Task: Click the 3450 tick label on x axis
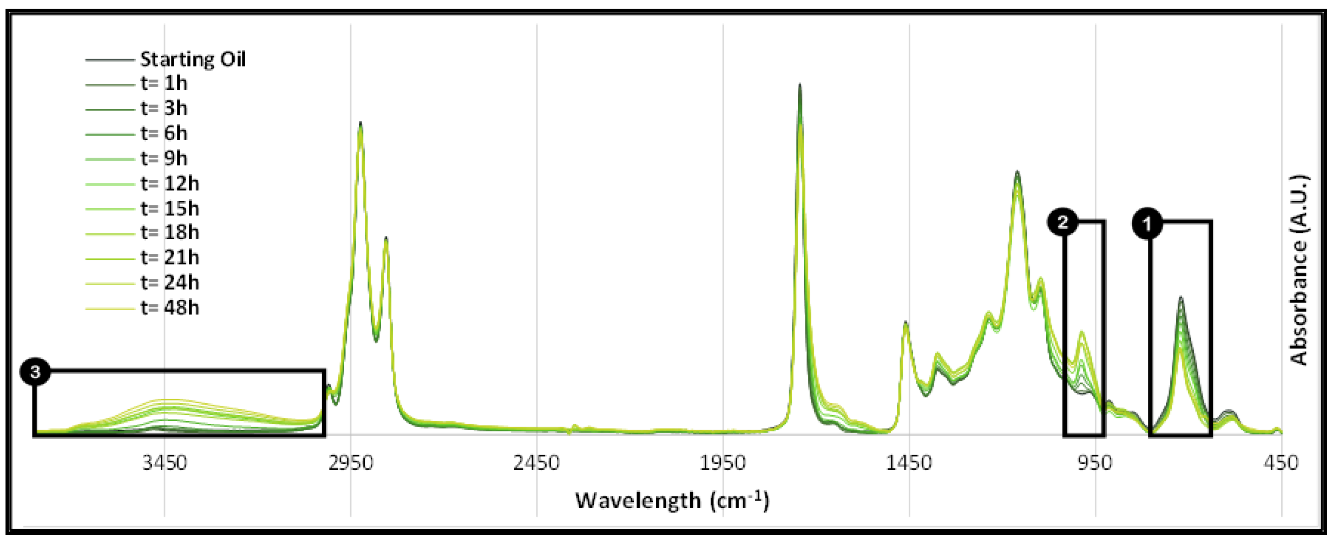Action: [x=165, y=463]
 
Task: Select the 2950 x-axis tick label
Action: [x=351, y=463]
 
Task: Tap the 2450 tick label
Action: [x=537, y=463]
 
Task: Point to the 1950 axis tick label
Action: [x=723, y=463]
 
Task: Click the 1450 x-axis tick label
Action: [x=909, y=463]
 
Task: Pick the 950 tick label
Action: [x=1095, y=463]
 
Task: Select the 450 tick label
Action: [x=1281, y=463]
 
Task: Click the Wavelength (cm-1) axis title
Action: [x=672, y=500]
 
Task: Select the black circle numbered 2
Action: [x=1062, y=223]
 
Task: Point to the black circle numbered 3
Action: [x=35, y=372]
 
